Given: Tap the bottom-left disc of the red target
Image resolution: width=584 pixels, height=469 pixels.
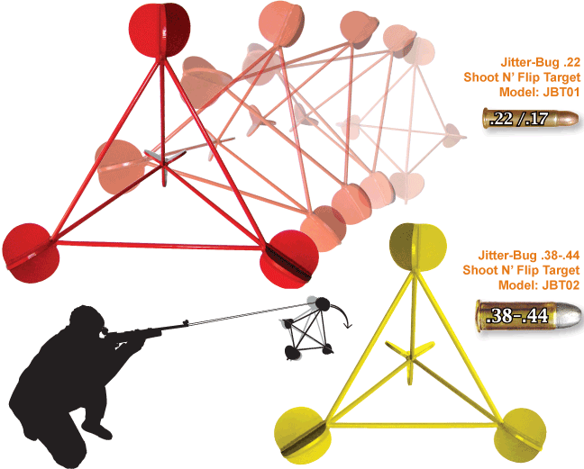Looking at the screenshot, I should (32, 253).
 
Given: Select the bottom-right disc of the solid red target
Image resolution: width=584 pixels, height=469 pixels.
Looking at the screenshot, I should (289, 259).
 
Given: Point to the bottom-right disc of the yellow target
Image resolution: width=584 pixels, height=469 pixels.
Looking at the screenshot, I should (523, 431).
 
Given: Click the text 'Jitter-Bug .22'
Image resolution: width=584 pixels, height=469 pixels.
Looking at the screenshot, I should (538, 63).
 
